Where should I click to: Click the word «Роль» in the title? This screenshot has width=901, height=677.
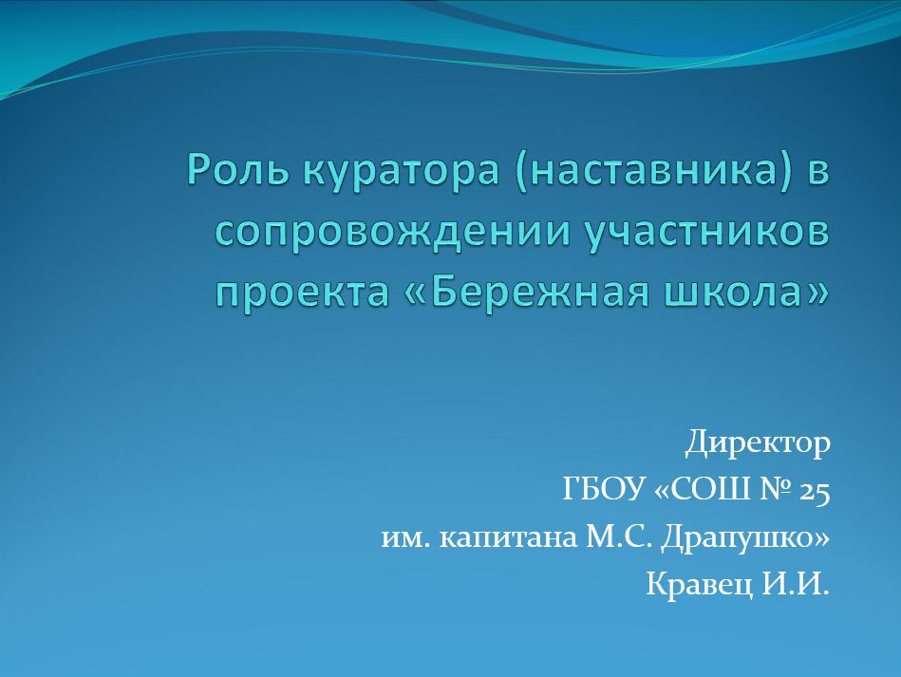click(x=238, y=170)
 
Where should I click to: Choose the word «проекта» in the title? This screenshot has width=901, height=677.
click(x=303, y=292)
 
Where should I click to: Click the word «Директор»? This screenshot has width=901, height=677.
click(x=758, y=443)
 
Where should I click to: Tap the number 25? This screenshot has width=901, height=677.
click(x=815, y=492)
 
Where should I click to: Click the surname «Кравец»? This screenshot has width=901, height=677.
click(x=700, y=585)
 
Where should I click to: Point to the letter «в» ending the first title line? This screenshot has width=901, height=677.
click(x=818, y=174)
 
